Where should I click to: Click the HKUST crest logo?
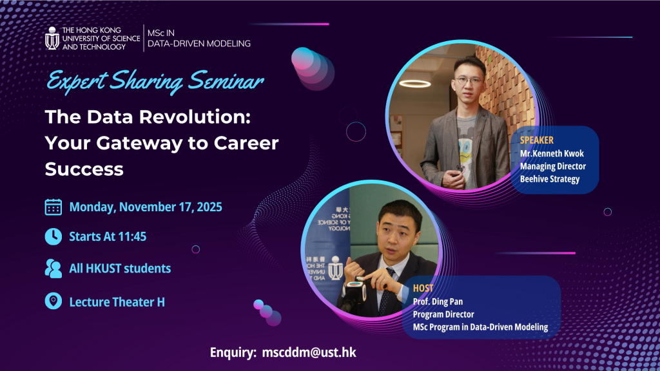point(52,38)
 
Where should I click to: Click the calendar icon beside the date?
point(53,207)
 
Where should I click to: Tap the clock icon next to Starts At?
point(53,236)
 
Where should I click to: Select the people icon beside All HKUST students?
point(53,269)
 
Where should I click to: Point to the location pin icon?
point(53,301)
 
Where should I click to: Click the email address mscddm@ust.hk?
point(309,352)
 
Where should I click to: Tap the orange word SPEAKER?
point(537,140)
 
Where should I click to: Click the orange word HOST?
point(423,288)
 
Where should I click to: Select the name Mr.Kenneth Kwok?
point(552,153)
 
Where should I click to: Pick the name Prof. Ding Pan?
point(438,301)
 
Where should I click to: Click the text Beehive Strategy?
point(550,179)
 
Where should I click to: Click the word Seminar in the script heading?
point(226,81)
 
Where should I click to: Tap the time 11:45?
point(133,236)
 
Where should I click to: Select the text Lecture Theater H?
point(117,302)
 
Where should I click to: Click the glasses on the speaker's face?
point(469,81)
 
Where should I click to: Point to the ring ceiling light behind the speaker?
point(415,84)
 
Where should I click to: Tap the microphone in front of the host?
point(354,294)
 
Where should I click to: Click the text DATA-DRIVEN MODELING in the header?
point(199,44)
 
